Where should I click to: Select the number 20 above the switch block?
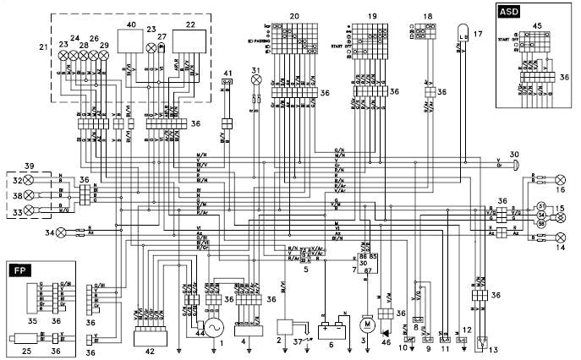point(293,16)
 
